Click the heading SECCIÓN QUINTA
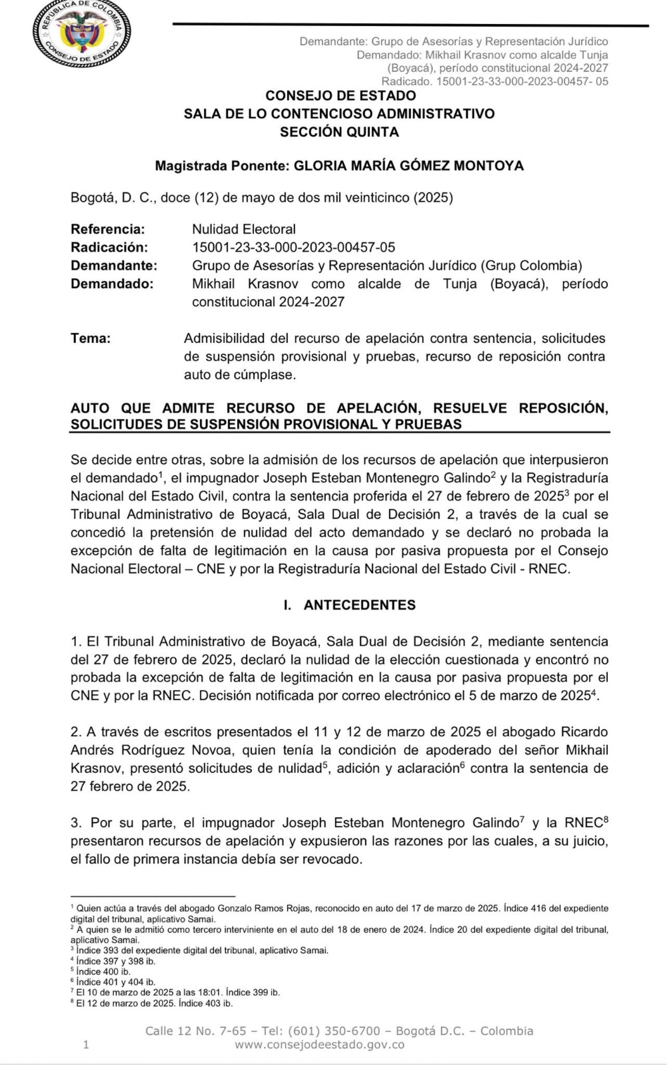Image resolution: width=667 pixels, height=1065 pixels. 339,132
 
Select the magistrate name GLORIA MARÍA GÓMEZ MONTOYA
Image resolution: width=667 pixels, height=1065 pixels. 408,166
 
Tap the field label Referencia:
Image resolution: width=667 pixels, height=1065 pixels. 107,230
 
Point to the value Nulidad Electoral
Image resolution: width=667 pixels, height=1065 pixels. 244,230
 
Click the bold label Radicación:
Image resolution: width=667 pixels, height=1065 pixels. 109,248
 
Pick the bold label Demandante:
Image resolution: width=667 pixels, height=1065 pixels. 114,266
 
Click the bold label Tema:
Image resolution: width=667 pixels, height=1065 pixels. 91,338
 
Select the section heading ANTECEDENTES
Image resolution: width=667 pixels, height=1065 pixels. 359,605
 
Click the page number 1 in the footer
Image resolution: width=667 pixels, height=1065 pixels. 86,1044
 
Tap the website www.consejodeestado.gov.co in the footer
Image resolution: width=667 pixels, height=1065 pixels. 319,1044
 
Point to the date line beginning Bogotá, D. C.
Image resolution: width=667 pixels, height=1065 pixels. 262,198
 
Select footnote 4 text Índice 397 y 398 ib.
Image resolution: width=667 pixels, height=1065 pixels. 116,961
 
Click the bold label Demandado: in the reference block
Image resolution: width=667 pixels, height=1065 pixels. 112,284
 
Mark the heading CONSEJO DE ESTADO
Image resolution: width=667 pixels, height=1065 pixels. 340,96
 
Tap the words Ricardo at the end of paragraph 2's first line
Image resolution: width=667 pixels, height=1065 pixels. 584,732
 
